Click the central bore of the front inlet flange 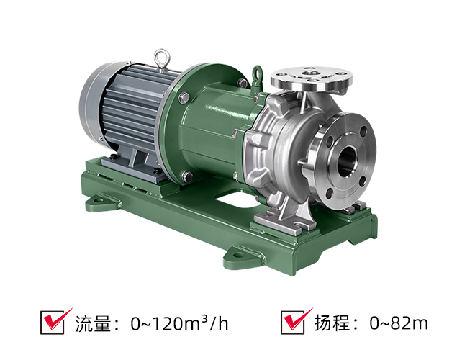coord(347,161)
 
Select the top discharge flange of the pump coord(311,78)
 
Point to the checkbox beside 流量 coord(53,323)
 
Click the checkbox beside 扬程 coord(293,323)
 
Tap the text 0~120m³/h coord(179,323)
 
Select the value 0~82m coord(399,323)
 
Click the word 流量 coord(93,323)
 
